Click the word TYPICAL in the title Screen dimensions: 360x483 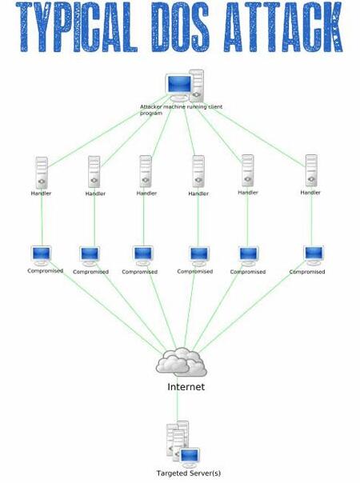click(x=77, y=27)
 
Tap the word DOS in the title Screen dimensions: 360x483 click(x=180, y=27)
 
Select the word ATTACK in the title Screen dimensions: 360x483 click(x=284, y=27)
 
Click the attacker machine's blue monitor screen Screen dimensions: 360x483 click(x=179, y=83)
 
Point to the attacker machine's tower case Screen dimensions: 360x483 click(x=197, y=86)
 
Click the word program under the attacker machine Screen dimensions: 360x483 click(x=151, y=114)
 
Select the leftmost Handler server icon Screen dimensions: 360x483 click(x=42, y=173)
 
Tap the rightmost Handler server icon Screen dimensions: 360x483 click(x=311, y=170)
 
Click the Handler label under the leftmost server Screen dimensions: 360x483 click(x=41, y=194)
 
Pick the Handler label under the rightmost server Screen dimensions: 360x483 click(x=310, y=193)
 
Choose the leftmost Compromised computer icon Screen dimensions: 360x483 click(x=42, y=256)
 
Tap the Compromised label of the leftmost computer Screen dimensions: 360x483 click(x=46, y=271)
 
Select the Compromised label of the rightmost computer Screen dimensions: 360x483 click(x=307, y=272)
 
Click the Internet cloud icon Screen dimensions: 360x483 click(x=182, y=362)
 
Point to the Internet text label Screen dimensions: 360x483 click(x=186, y=387)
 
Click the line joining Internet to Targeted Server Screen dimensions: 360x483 click(x=178, y=400)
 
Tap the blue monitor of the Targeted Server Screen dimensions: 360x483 click(x=190, y=455)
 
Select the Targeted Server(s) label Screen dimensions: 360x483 click(x=189, y=473)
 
